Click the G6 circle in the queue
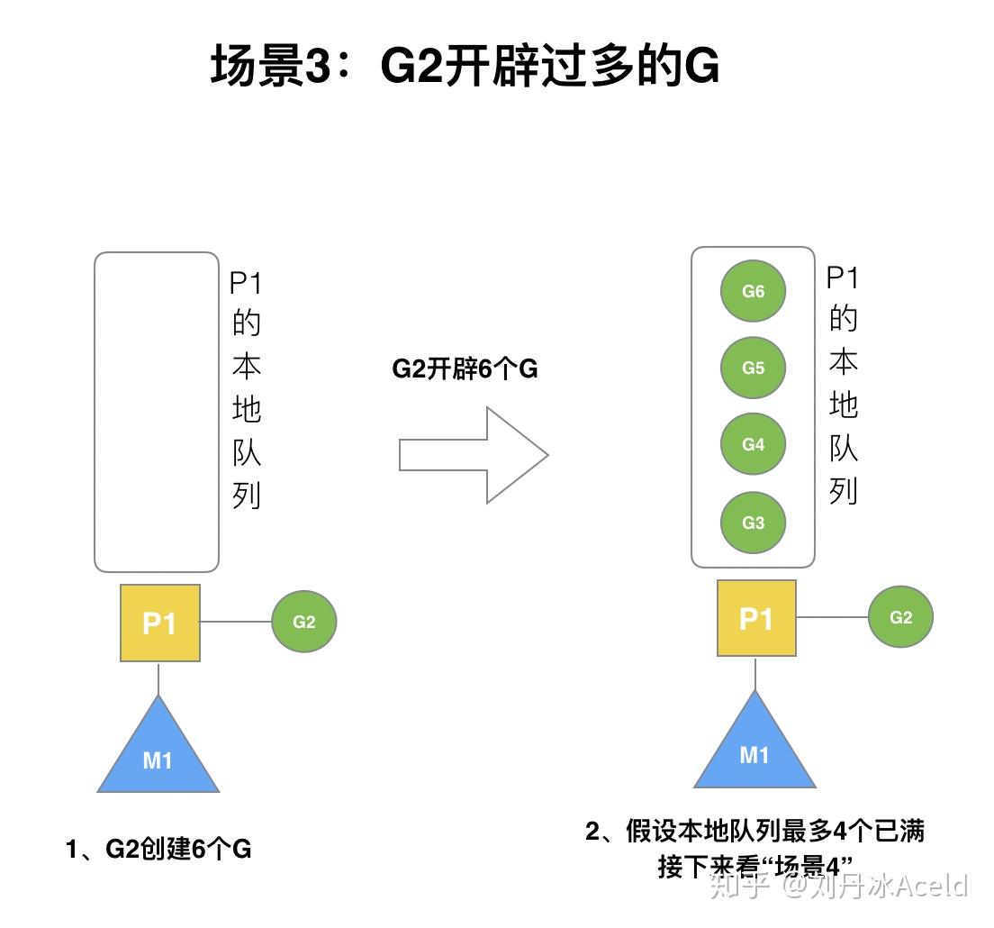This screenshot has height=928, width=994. [x=753, y=291]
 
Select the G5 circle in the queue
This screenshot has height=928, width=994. [x=753, y=368]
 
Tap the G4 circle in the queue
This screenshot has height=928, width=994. [x=753, y=444]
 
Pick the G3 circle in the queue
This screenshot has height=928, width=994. [x=753, y=523]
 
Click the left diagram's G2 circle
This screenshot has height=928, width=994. [x=304, y=622]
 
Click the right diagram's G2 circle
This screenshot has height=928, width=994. [x=900, y=617]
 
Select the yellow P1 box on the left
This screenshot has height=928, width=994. [x=160, y=623]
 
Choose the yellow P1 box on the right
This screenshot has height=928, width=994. [x=756, y=618]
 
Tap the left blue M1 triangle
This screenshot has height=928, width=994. [x=158, y=753]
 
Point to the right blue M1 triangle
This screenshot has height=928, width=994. [x=755, y=748]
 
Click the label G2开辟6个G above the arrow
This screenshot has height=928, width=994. [x=465, y=369]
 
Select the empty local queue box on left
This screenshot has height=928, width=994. [x=157, y=412]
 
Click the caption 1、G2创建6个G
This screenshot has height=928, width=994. [x=158, y=849]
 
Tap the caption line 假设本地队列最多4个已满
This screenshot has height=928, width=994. [x=755, y=830]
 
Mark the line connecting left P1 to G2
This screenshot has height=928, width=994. [x=236, y=622]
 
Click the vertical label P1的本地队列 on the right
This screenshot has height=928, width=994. [x=843, y=386]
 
